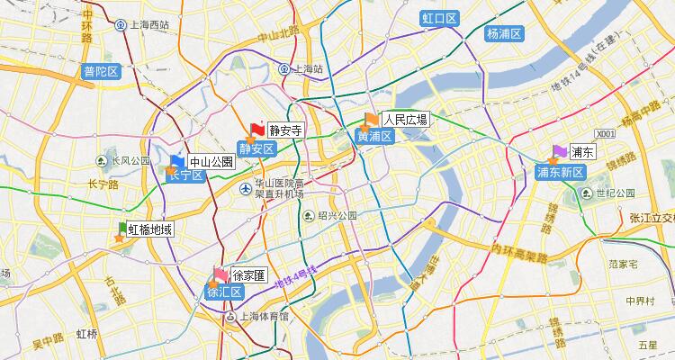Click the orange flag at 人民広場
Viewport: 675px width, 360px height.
[372, 120]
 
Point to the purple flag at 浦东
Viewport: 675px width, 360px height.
[560, 152]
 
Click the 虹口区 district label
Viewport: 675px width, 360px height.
[440, 19]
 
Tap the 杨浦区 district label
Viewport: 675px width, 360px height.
[505, 33]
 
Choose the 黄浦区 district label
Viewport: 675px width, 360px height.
[374, 137]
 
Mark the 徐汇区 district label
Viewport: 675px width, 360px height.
[224, 292]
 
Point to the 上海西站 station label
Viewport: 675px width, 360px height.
[147, 25]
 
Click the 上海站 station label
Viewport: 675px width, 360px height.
[307, 68]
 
